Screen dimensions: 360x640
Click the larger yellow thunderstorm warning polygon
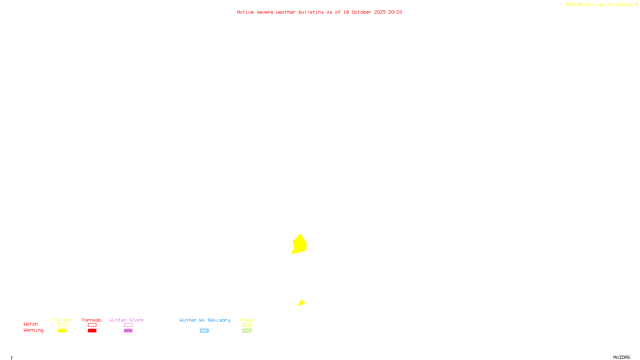[x=300, y=244]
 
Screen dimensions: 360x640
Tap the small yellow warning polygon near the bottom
[x=302, y=303]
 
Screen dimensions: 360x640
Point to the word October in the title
[x=361, y=12]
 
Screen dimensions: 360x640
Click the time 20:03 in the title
[x=395, y=12]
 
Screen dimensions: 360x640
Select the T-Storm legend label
[x=62, y=320]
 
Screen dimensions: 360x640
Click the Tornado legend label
[x=92, y=320]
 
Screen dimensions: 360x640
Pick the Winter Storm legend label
[x=126, y=320]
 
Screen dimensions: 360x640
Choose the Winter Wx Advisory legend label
[x=205, y=320]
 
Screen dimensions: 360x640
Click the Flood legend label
[x=247, y=320]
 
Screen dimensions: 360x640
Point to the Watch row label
[x=31, y=324]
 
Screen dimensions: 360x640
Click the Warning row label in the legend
[x=34, y=330]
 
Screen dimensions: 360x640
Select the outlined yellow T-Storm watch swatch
[x=62, y=325]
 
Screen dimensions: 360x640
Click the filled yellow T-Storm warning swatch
[x=62, y=331]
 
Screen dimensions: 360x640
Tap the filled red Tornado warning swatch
[x=92, y=331]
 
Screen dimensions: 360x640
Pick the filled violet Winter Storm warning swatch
[x=128, y=331]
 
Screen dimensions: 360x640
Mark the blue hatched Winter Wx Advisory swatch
[x=204, y=331]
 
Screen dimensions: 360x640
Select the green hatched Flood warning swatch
[x=247, y=331]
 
